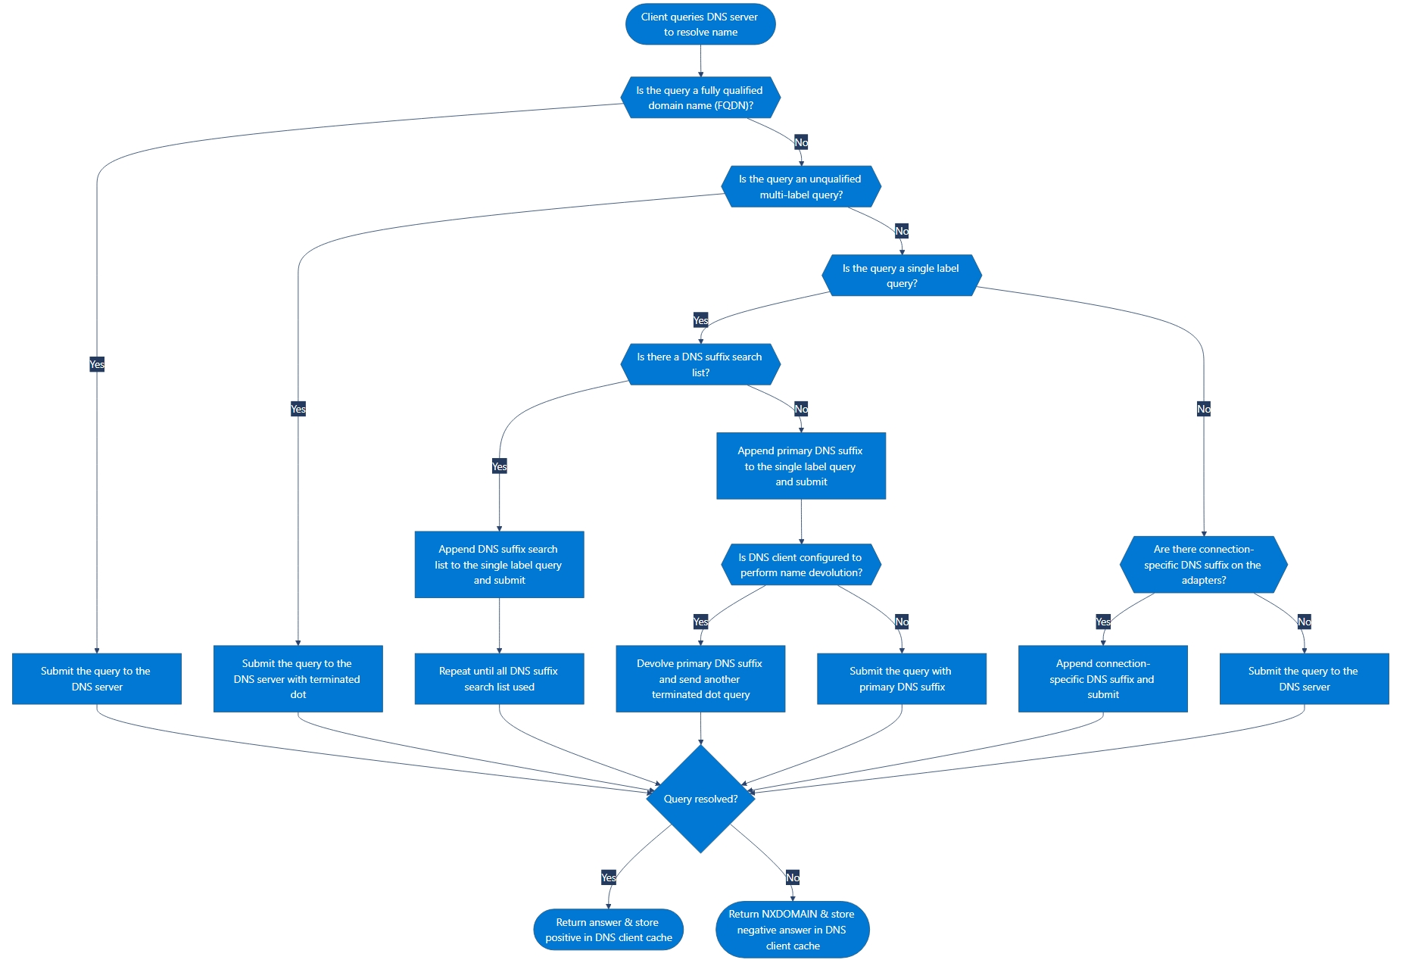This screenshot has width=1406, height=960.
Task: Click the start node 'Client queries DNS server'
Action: click(x=700, y=24)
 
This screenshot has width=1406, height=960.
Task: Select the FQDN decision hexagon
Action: click(x=700, y=98)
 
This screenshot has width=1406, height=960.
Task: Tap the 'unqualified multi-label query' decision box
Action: click(x=801, y=187)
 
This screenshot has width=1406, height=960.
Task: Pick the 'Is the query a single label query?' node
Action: click(x=902, y=276)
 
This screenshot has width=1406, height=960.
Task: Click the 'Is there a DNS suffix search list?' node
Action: click(x=700, y=364)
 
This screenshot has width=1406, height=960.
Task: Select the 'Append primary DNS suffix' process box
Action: click(x=801, y=466)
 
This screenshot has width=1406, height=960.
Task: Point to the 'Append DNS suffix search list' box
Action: click(x=499, y=565)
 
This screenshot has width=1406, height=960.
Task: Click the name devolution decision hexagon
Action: click(x=801, y=565)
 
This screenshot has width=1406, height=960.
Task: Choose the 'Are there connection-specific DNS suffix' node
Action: click(x=1203, y=565)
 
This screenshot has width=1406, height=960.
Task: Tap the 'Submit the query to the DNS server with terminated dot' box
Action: click(x=298, y=679)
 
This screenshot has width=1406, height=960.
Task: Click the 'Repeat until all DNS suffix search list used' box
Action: click(x=499, y=679)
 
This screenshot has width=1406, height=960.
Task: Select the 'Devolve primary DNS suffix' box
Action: click(x=700, y=679)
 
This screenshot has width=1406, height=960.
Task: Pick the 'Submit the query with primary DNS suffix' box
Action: click(x=902, y=679)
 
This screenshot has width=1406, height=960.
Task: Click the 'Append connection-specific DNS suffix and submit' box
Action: click(x=1102, y=679)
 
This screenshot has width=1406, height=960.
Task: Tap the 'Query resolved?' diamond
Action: click(x=700, y=799)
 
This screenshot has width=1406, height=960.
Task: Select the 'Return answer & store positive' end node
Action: click(x=609, y=930)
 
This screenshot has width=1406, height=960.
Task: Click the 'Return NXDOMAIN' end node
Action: click(x=792, y=930)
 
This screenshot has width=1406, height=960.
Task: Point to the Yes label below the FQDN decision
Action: click(x=97, y=364)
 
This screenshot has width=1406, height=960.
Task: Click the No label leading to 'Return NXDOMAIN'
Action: click(x=793, y=877)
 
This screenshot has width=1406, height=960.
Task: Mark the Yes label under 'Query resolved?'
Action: click(x=609, y=877)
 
